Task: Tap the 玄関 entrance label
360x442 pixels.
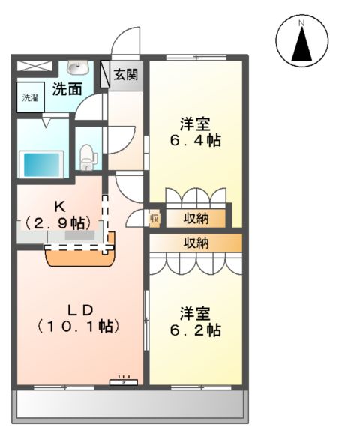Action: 125,74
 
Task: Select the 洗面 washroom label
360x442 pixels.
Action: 67,89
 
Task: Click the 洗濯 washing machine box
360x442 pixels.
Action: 30,98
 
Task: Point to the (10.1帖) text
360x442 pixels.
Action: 79,327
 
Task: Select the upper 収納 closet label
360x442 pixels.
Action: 196,218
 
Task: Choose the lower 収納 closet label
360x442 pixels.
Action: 196,243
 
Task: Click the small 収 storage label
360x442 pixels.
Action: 154,219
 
